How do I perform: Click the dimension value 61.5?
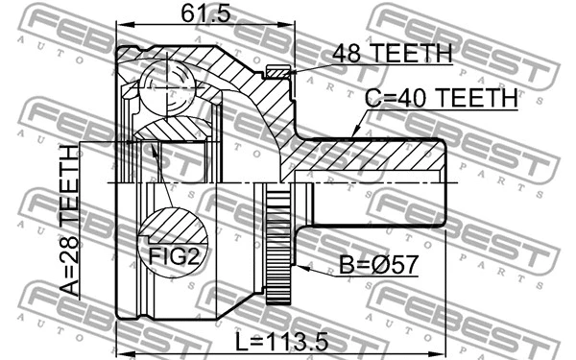pyautogui.click(x=203, y=13)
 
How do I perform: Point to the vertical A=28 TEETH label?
pyautogui.click(x=69, y=223)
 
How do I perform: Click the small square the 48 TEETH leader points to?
pyautogui.click(x=276, y=71)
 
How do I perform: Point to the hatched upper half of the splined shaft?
pyautogui.click(x=374, y=158)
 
